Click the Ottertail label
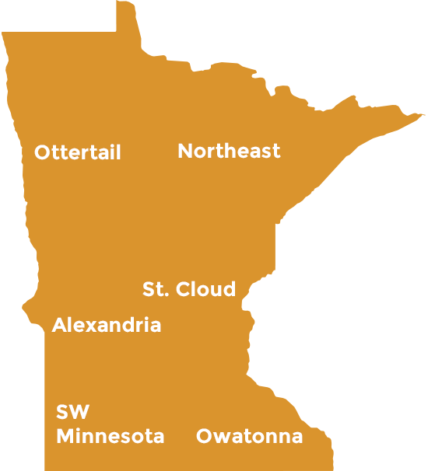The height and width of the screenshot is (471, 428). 78,152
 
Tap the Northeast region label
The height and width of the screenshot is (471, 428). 229,151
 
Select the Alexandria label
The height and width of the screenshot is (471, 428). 107,325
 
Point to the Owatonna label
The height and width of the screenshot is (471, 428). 249,437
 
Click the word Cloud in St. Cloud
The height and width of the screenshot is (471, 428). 205,290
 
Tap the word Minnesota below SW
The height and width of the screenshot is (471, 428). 110,436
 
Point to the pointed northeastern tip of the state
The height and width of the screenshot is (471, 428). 423,115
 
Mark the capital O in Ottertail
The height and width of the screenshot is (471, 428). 42,152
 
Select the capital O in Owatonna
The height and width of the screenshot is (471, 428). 204,437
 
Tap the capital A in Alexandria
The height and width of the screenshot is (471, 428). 59,325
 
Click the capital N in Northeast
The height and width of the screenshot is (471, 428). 185,151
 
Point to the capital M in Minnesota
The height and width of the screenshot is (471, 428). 64,436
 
